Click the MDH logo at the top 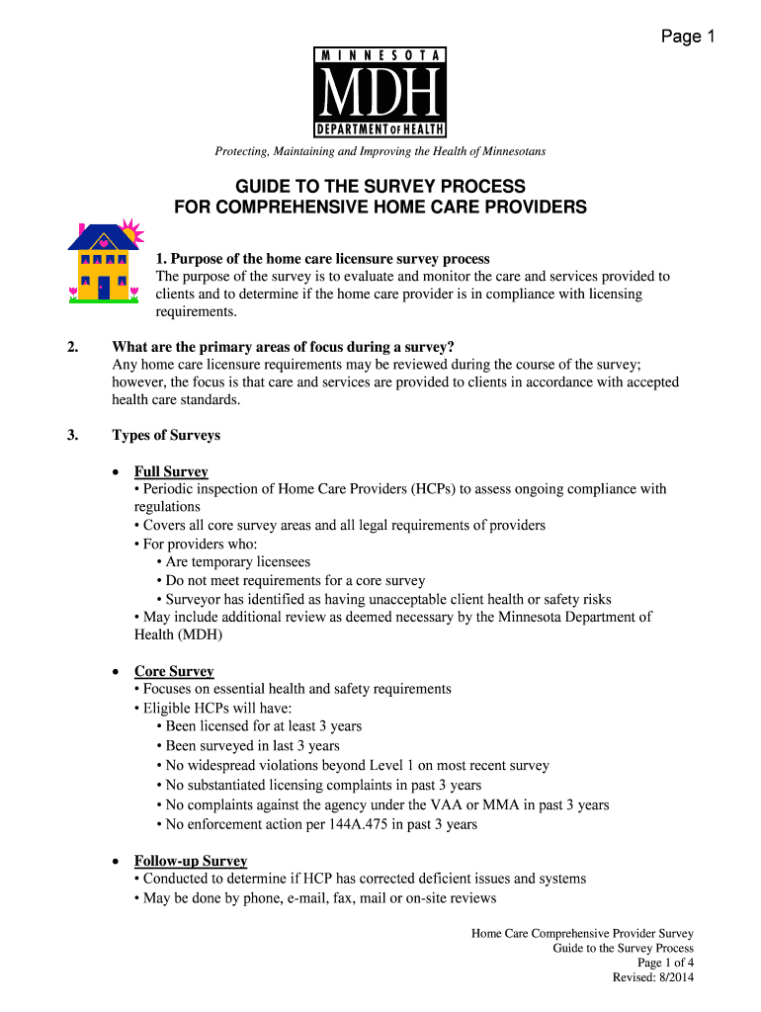[x=380, y=92]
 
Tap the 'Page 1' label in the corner [x=688, y=38]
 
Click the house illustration [x=103, y=261]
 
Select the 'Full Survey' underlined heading [x=171, y=471]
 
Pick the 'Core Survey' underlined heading [x=174, y=671]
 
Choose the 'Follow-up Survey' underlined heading [x=191, y=861]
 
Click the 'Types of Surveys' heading [x=166, y=435]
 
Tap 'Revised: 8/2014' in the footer [x=653, y=977]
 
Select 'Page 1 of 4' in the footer [x=665, y=963]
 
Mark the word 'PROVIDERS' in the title [x=535, y=208]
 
